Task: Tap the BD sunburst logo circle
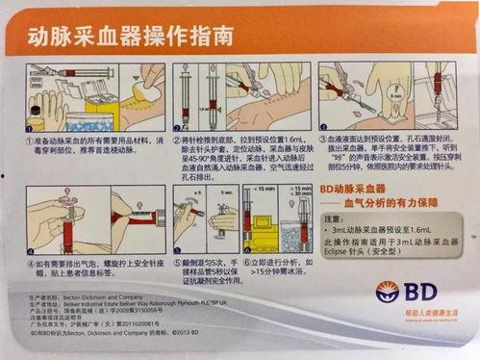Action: click(388, 290)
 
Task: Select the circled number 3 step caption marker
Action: click(326, 140)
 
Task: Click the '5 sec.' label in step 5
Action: click(220, 190)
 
